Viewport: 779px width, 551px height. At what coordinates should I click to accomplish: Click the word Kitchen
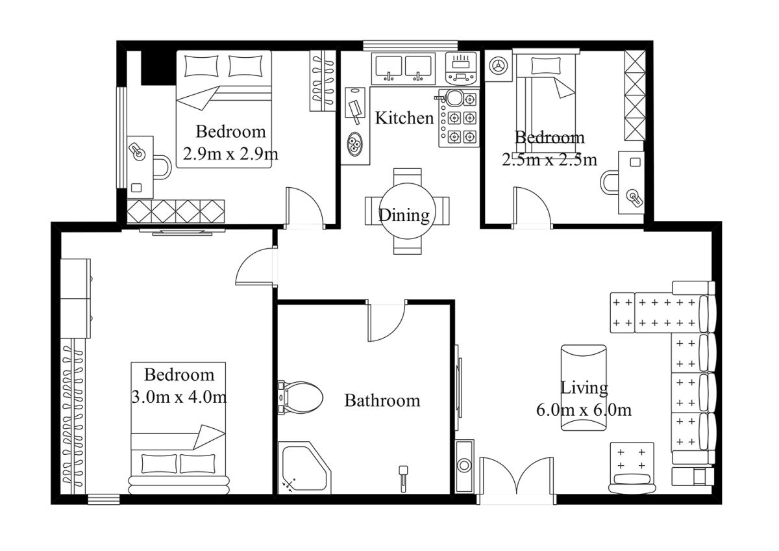pos(404,118)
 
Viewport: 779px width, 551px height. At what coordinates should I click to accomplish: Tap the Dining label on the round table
pos(404,215)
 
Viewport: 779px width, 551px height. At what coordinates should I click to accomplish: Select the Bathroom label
pos(382,400)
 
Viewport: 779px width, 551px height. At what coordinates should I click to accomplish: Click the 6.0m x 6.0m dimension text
pos(584,410)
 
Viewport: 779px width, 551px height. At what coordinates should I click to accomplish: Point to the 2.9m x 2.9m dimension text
pos(230,153)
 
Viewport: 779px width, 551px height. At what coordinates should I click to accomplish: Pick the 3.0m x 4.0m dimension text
pos(179,397)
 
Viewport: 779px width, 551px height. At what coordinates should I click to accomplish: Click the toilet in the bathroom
pos(300,397)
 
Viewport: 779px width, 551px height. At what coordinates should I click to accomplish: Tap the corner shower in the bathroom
pos(304,467)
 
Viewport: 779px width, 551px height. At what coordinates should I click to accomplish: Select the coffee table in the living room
pos(584,388)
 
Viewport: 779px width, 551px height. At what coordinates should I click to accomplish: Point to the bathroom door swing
pos(387,320)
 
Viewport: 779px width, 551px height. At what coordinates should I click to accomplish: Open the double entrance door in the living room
pos(517,480)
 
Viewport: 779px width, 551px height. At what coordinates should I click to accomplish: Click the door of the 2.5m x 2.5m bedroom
pos(532,207)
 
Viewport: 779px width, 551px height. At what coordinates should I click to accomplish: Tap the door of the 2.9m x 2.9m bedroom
pos(304,208)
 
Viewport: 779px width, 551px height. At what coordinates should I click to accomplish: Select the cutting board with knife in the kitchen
pos(355,105)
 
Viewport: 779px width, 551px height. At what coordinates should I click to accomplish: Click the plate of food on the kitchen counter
pos(354,144)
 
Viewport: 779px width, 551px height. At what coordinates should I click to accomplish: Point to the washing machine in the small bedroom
pos(499,66)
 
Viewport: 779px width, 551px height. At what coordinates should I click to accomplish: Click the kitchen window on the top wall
pos(410,45)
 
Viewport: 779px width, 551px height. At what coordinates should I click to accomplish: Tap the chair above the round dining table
pos(407,177)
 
